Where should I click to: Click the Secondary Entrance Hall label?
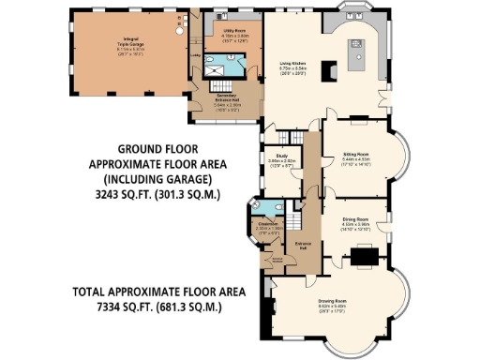pos(223,101)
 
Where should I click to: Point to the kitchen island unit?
pos(360,60)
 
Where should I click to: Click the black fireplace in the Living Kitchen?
pos(327,72)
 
